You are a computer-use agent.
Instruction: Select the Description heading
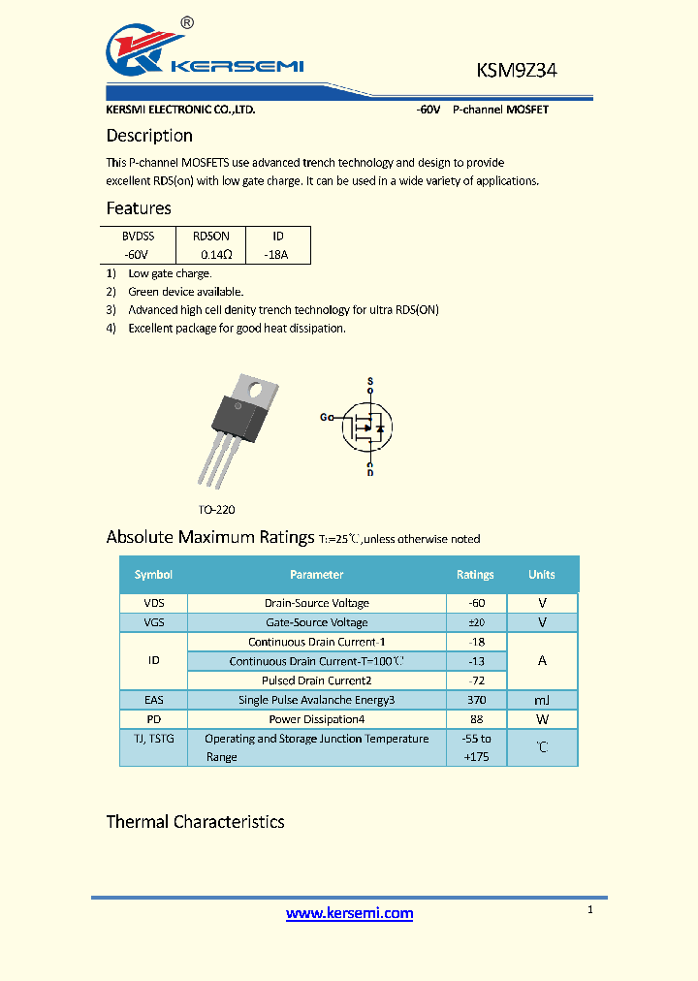pyautogui.click(x=149, y=136)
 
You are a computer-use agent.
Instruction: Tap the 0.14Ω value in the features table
pyautogui.click(x=216, y=254)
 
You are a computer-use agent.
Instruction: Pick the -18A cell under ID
pyautogui.click(x=276, y=254)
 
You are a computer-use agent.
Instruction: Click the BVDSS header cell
pyautogui.click(x=138, y=236)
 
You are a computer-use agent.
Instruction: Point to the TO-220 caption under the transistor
pyautogui.click(x=216, y=509)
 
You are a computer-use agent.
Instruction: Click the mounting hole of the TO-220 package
pyautogui.click(x=257, y=392)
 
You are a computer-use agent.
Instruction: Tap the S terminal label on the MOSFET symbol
pyautogui.click(x=369, y=380)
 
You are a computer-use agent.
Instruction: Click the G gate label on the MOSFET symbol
pyautogui.click(x=325, y=417)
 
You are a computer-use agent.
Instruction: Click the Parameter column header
pyautogui.click(x=316, y=575)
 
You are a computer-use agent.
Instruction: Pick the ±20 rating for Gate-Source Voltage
pyautogui.click(x=475, y=622)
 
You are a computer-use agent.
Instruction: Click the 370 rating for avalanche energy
pyautogui.click(x=475, y=700)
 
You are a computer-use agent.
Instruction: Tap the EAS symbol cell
pyautogui.click(x=153, y=700)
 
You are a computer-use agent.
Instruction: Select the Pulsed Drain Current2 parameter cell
pyautogui.click(x=316, y=680)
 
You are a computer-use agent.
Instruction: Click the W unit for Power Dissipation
pyautogui.click(x=542, y=719)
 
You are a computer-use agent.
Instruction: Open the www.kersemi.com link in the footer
pyautogui.click(x=350, y=913)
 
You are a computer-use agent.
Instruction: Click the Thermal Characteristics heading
pyautogui.click(x=195, y=822)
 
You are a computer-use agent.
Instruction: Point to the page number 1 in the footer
pyautogui.click(x=589, y=909)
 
